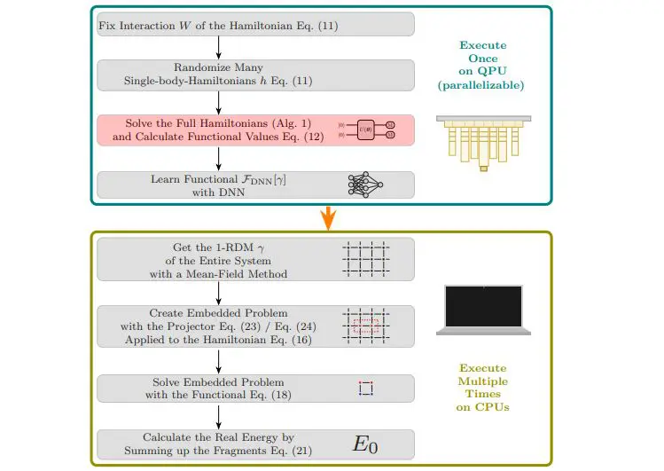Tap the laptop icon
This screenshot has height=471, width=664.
(483, 311)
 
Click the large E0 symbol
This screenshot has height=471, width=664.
(364, 444)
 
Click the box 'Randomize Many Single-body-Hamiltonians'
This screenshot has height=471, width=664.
(255, 75)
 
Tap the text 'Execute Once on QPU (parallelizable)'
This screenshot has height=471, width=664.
(484, 65)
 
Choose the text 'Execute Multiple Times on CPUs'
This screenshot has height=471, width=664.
(484, 387)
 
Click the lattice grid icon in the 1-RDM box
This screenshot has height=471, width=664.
(364, 262)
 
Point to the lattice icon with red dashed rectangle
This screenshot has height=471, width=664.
(364, 326)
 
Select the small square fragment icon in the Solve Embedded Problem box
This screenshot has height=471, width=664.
(365, 388)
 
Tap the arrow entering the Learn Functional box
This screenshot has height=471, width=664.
(218, 159)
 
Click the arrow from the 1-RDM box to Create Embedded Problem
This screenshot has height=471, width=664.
(218, 293)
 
